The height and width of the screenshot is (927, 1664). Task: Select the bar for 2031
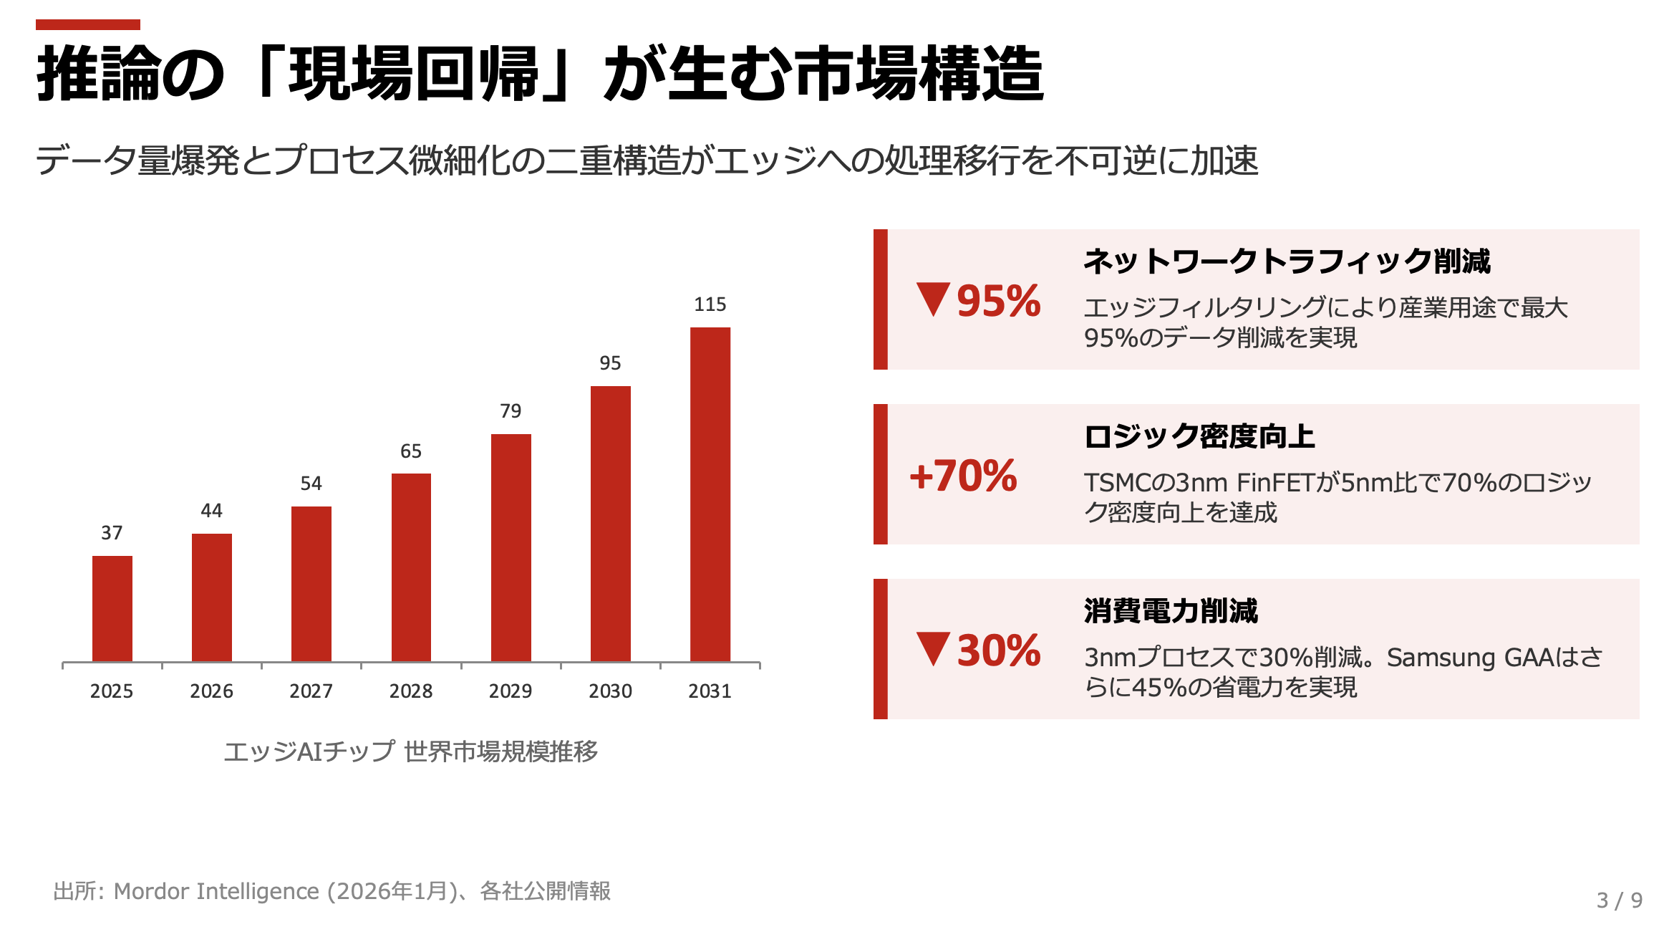[x=710, y=494]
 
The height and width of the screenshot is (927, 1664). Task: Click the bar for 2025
[x=112, y=608]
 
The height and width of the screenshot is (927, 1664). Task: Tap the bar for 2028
[x=411, y=567]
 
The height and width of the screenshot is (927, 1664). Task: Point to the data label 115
[x=710, y=304]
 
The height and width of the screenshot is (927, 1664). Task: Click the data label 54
[x=311, y=484]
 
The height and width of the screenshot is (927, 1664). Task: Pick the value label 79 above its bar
[x=511, y=411]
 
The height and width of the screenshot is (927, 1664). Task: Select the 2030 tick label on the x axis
[x=610, y=691]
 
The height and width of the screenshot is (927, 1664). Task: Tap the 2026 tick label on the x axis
[x=211, y=691]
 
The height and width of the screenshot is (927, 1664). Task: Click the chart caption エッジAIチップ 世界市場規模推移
[x=411, y=751]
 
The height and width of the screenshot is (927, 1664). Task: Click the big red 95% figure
[x=998, y=301]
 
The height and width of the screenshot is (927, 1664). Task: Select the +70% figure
[x=963, y=476]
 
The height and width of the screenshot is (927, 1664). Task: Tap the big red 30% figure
[x=998, y=650]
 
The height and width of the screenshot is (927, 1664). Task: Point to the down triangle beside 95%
[x=933, y=298]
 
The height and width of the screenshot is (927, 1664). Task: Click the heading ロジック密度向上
[x=1199, y=436]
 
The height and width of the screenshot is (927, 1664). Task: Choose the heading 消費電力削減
[x=1171, y=611]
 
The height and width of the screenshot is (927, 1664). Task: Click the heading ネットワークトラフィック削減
[x=1287, y=261]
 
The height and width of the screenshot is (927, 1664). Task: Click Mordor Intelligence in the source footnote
[x=216, y=891]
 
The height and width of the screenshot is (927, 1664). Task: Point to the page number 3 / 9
[x=1619, y=900]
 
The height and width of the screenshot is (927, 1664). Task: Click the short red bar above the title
[x=88, y=25]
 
